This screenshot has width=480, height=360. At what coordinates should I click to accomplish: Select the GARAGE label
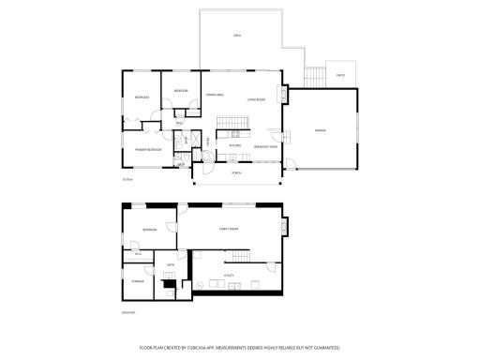(x=321, y=130)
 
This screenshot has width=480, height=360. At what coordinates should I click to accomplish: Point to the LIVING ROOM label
(x=256, y=99)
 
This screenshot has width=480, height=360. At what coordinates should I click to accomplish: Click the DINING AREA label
(x=214, y=95)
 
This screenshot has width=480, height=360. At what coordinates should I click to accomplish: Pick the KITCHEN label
(x=235, y=146)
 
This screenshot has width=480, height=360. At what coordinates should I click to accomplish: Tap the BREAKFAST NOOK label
(x=266, y=146)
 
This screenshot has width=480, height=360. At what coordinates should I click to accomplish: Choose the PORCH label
(x=236, y=172)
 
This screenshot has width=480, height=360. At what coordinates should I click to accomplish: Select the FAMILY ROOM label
(x=230, y=228)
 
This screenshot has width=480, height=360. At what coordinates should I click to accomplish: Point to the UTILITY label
(x=228, y=276)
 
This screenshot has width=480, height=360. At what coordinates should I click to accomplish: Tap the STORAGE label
(x=137, y=280)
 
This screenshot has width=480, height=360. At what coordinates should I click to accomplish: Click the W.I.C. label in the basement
(x=138, y=254)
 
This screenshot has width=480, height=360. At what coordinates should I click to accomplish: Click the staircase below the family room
(x=244, y=258)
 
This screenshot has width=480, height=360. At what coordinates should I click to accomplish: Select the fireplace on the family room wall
(x=285, y=226)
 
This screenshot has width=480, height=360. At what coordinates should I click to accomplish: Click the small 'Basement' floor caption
(x=128, y=312)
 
